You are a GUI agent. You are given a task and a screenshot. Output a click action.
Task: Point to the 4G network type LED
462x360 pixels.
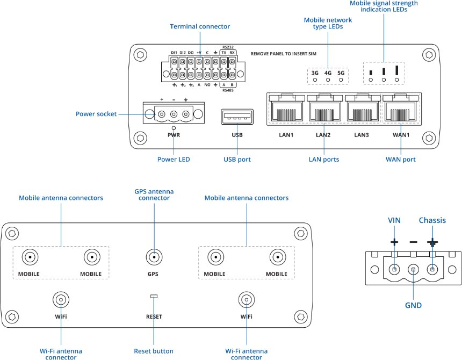pyautogui.click(x=328, y=80)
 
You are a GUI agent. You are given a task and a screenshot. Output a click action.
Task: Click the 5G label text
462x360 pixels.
pyautogui.click(x=341, y=72)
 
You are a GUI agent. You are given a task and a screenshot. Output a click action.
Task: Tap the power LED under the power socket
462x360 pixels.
pyautogui.click(x=174, y=128)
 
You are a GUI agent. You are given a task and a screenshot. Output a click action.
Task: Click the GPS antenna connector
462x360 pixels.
pyautogui.click(x=154, y=257)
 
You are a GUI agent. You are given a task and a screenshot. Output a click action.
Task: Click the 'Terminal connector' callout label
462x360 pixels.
pyautogui.click(x=200, y=26)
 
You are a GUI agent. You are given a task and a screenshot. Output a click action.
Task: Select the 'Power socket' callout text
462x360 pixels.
pyautogui.click(x=96, y=114)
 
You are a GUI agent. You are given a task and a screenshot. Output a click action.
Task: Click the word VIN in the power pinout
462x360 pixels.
pyautogui.click(x=394, y=221)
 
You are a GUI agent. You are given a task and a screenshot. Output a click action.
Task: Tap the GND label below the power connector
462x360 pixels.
pyautogui.click(x=414, y=305)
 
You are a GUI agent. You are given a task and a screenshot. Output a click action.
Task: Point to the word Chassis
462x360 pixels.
pyautogui.click(x=432, y=221)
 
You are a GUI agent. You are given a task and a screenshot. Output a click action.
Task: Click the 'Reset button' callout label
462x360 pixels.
pyautogui.click(x=154, y=351)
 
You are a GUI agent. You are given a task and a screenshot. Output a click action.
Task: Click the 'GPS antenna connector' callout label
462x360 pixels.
pyautogui.click(x=154, y=194)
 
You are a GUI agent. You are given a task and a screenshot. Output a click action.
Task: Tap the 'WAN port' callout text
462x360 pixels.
pyautogui.click(x=401, y=160)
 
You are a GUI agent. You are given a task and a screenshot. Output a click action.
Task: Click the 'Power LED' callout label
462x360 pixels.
pyautogui.click(x=174, y=160)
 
